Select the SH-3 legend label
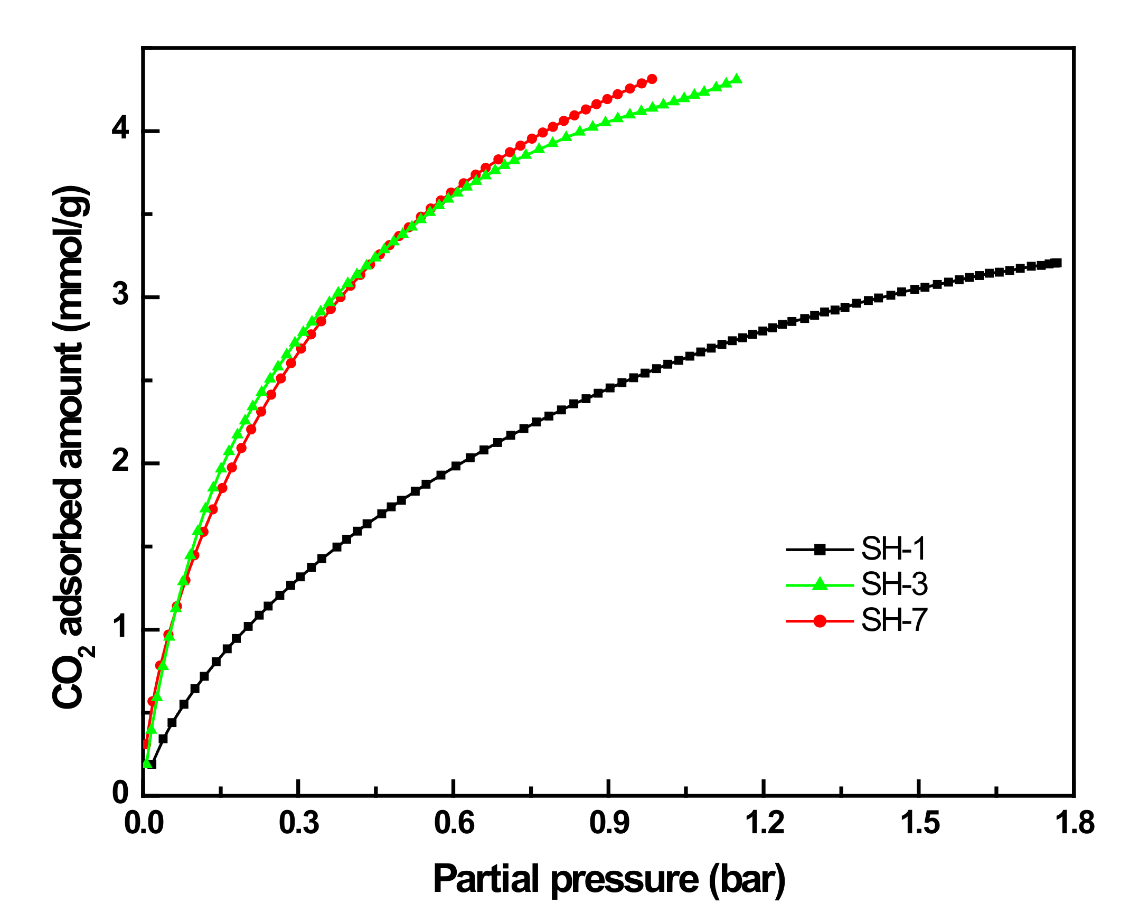coord(894,584)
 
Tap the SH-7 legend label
coord(894,620)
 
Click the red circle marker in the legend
coord(820,621)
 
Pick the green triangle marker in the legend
coord(820,584)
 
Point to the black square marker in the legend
coord(820,550)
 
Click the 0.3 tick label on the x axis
coord(299,823)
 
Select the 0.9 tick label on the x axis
coord(609,823)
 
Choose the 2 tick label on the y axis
coord(121,461)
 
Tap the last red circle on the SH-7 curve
coord(652,79)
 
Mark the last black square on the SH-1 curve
coord(1057,263)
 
